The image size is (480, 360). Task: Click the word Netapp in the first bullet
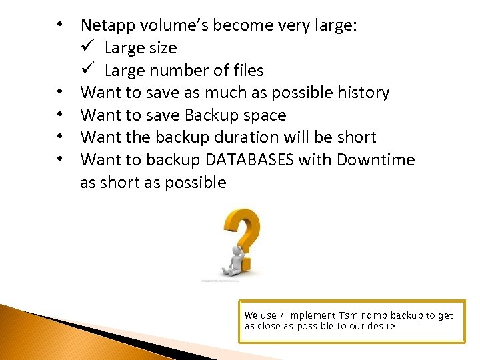pos(106,26)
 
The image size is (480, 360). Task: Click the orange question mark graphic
pos(242,233)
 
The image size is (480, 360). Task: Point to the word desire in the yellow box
pos(381,326)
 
